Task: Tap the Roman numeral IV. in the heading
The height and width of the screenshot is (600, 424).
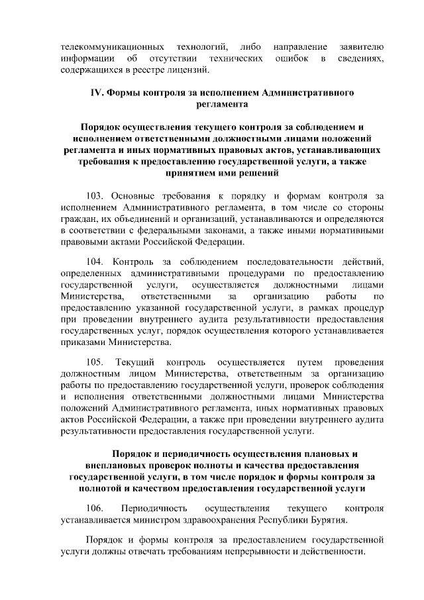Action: click(x=97, y=93)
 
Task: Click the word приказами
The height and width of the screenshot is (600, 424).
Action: click(x=83, y=343)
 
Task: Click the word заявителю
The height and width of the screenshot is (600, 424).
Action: click(x=360, y=48)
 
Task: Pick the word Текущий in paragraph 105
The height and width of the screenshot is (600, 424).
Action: click(x=135, y=362)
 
